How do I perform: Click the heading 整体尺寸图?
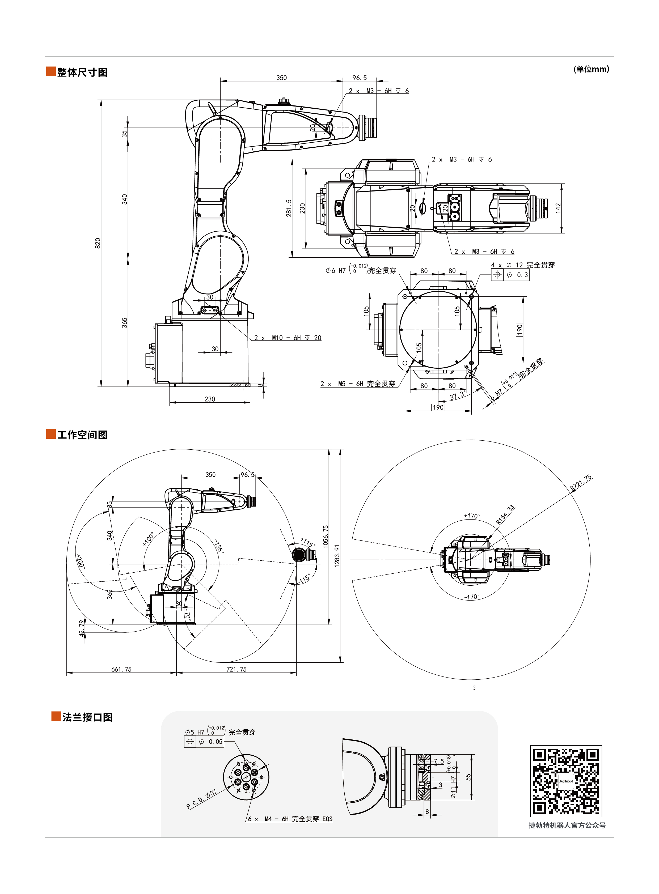82,72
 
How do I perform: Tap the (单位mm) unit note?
591,69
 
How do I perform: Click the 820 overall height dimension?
98,243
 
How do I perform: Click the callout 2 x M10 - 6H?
288,338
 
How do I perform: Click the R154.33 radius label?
505,515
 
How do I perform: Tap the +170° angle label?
472,516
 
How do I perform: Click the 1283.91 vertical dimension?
337,555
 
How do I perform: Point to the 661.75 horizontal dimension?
121,670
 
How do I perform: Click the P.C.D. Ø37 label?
201,799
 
